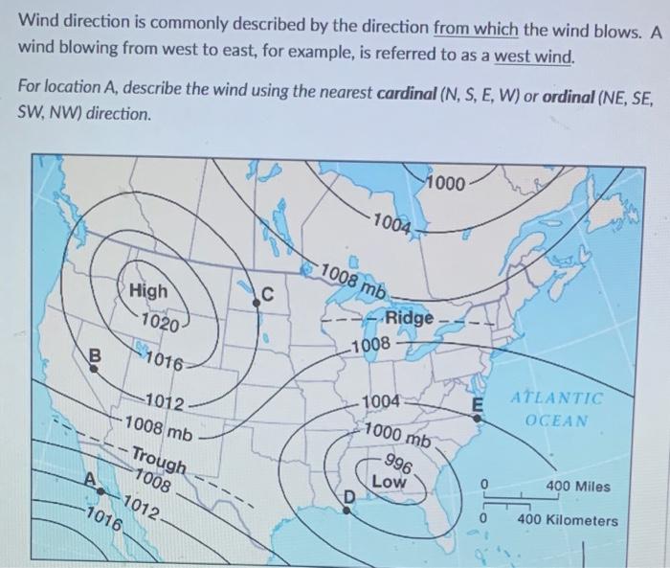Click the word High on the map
coord(147,290)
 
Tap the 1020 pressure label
coord(157,323)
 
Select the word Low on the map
coord(389,482)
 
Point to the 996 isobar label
coord(401,466)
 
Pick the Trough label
coord(157,463)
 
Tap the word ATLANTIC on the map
coord(557,398)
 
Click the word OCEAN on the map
coord(557,420)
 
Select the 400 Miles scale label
coord(577,487)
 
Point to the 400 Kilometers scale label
coord(568,520)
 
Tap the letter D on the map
coord(350,496)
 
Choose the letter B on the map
coord(94,353)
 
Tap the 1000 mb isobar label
coord(397,436)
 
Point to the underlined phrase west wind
coord(534,57)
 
